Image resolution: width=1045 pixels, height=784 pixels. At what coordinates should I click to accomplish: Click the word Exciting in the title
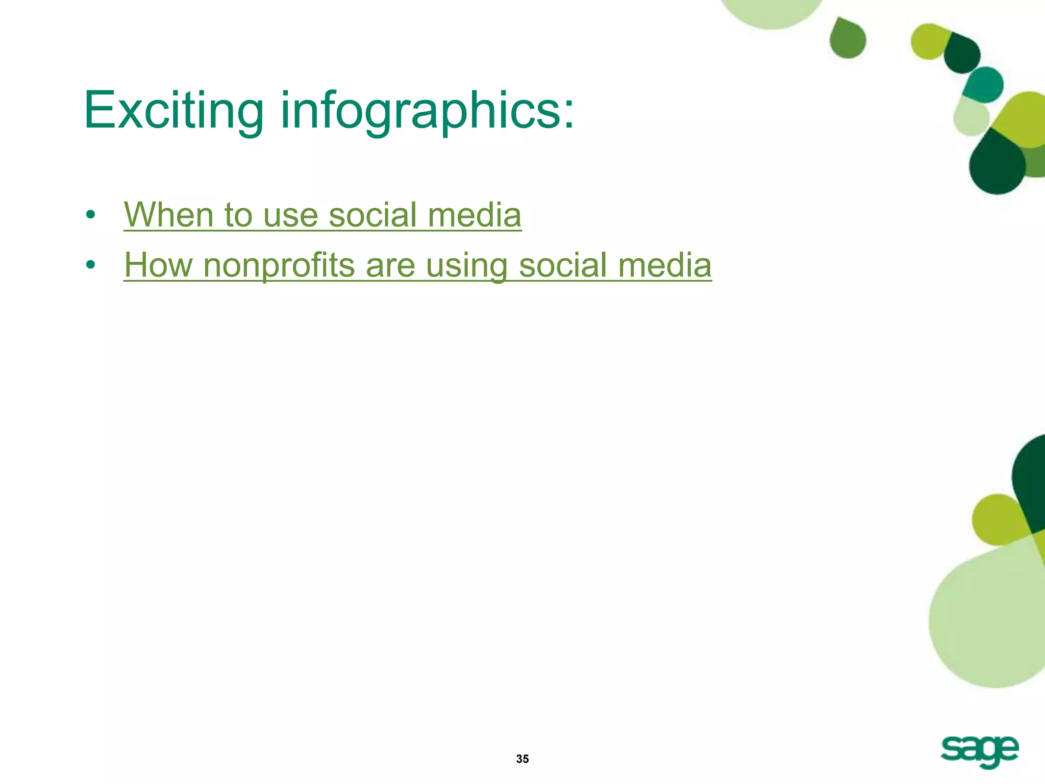pos(173,110)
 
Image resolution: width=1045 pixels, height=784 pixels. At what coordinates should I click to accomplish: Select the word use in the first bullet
pos(290,215)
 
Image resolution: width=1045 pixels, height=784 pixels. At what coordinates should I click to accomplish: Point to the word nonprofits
pos(279,266)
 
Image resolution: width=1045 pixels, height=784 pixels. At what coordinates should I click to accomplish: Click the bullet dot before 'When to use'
pos(91,215)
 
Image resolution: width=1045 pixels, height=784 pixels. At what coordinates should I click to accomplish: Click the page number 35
pos(522,759)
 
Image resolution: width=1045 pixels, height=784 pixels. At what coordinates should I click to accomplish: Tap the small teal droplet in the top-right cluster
pos(984,84)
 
